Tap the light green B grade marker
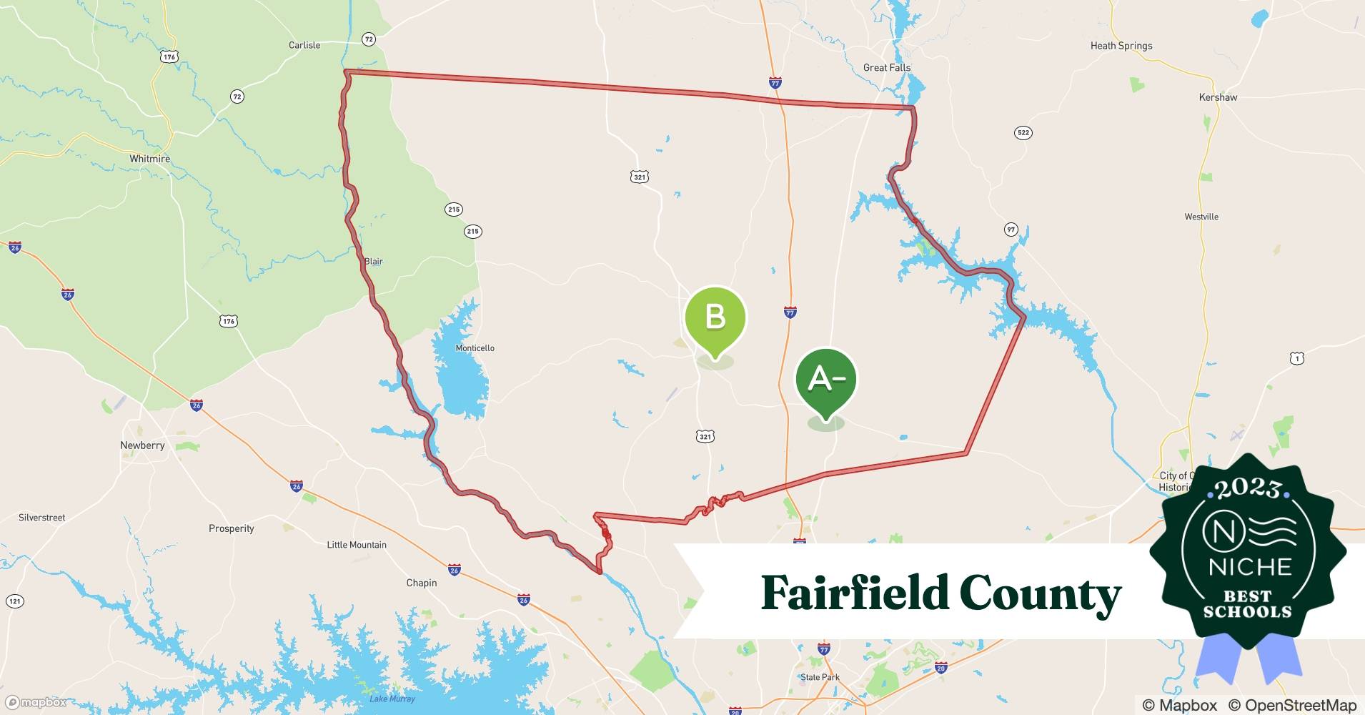(715, 318)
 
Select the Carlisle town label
(304, 45)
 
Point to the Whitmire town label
(150, 159)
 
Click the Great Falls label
(887, 68)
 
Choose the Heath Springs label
(1121, 46)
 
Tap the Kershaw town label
(1218, 97)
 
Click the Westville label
(1201, 217)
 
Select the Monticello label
(475, 348)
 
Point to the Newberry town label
(142, 445)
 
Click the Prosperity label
(232, 529)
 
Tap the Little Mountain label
(357, 545)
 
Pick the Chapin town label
(422, 583)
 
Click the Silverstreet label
(42, 518)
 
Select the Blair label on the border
(374, 262)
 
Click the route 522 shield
(1023, 133)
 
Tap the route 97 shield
(1011, 230)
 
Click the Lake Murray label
(392, 699)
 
